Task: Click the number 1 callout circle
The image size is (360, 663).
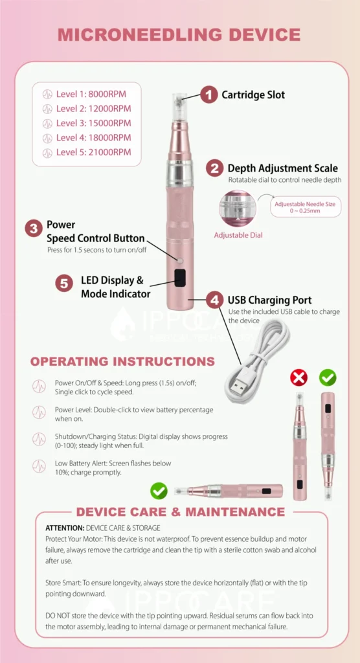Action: click(208, 95)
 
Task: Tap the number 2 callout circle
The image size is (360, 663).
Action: click(215, 168)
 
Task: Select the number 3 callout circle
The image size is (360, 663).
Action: click(34, 229)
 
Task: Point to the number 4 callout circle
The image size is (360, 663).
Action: click(215, 300)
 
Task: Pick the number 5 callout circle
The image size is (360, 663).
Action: click(63, 283)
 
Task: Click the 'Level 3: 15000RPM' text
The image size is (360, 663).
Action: click(93, 123)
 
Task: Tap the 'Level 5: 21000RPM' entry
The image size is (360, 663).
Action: click(93, 153)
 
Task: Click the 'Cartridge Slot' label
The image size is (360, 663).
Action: click(253, 95)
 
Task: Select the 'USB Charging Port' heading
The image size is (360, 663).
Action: click(269, 300)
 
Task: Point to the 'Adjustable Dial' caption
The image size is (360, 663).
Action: click(239, 235)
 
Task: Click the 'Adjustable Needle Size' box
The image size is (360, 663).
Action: click(305, 207)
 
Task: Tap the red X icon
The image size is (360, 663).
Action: click(298, 377)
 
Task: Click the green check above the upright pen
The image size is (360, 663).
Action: click(328, 377)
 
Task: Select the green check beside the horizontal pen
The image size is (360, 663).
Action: click(159, 491)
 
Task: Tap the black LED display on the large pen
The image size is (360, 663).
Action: click(180, 278)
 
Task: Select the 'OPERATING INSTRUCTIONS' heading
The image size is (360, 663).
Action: click(122, 361)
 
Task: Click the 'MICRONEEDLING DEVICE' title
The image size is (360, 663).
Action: click(179, 35)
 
